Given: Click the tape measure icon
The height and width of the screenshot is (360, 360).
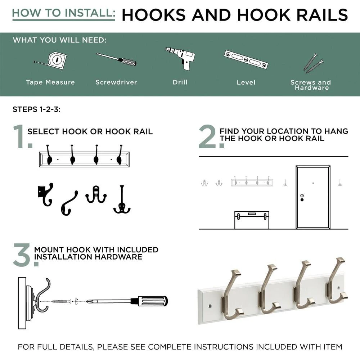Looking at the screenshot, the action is click(x=53, y=60).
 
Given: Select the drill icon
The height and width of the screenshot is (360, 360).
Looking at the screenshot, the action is click(x=180, y=59).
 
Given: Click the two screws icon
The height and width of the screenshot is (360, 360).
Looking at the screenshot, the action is click(x=314, y=63).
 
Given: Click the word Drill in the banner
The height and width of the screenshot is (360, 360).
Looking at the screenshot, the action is click(x=180, y=82).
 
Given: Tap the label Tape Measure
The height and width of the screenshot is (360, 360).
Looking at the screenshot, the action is click(x=50, y=82).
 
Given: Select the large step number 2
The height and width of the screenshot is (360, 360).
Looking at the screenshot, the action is click(x=208, y=136).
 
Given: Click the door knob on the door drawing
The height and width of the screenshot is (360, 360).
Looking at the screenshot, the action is click(x=302, y=200).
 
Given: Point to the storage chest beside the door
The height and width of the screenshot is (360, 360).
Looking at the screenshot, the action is click(x=252, y=220).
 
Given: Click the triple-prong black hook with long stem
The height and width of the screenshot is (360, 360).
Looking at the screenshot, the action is click(x=122, y=199).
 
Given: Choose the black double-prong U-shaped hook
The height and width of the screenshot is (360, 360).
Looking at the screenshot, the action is click(x=96, y=195).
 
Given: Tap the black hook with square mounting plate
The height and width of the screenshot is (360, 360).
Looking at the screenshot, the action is click(x=45, y=194).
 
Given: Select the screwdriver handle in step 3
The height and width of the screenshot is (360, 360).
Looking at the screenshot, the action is click(x=153, y=301).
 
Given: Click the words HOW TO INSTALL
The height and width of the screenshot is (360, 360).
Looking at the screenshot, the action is click(x=64, y=13).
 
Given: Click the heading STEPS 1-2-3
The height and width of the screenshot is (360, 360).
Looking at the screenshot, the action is click(x=36, y=109).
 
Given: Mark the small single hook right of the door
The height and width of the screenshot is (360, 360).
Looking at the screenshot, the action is click(x=340, y=183).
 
